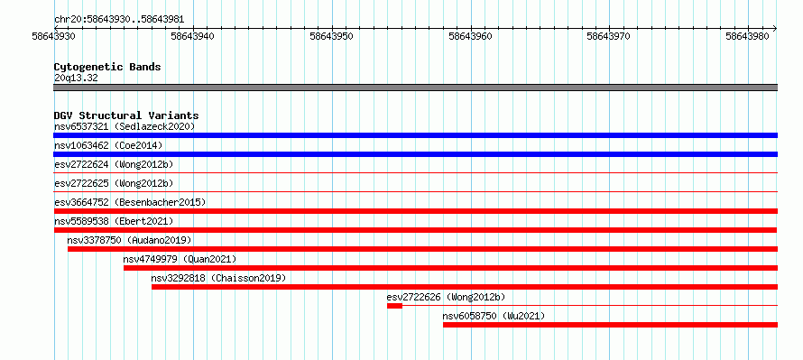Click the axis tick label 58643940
pyautogui.click(x=193, y=36)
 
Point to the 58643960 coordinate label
pyautogui.click(x=470, y=36)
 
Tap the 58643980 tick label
pyautogui.click(x=748, y=36)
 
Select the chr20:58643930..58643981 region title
pyautogui.click(x=119, y=20)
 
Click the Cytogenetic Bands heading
pyautogui.click(x=107, y=67)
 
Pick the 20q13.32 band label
pyautogui.click(x=76, y=78)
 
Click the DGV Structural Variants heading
pyautogui.click(x=126, y=115)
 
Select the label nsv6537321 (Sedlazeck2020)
pyautogui.click(x=125, y=126)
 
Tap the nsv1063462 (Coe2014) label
pyautogui.click(x=108, y=145)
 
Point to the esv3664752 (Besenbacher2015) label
pyautogui.click(x=130, y=202)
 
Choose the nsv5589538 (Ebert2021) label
pyautogui.click(x=114, y=221)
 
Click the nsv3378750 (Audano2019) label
pyautogui.click(x=129, y=240)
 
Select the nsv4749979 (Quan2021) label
pyautogui.click(x=180, y=259)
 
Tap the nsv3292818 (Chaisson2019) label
pyautogui.click(x=218, y=278)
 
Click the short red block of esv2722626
pyautogui.click(x=394, y=306)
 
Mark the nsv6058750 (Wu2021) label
pyautogui.click(x=494, y=316)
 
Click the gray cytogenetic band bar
pyautogui.click(x=415, y=88)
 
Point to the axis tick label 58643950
pyautogui.click(x=331, y=36)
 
